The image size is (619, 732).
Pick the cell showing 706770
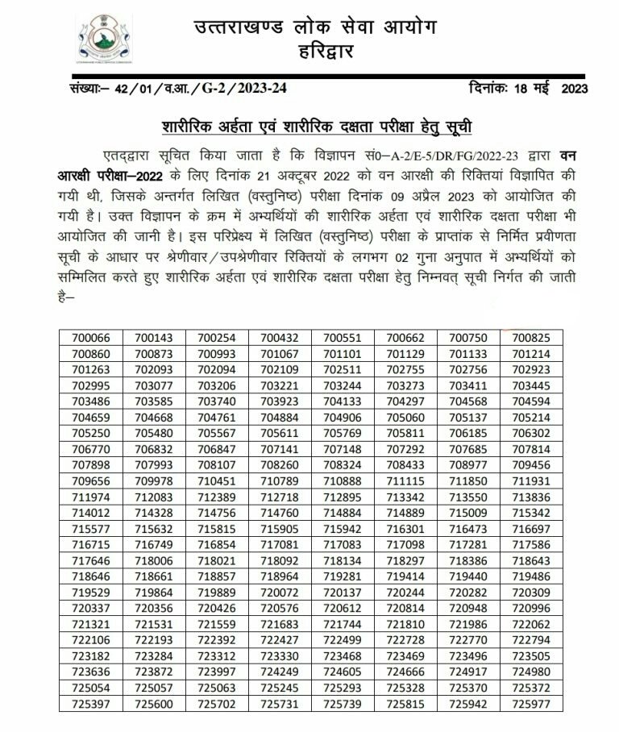click(91, 447)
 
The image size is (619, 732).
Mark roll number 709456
click(531, 463)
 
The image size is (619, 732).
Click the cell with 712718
click(280, 494)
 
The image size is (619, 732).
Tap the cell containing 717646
click(91, 558)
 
